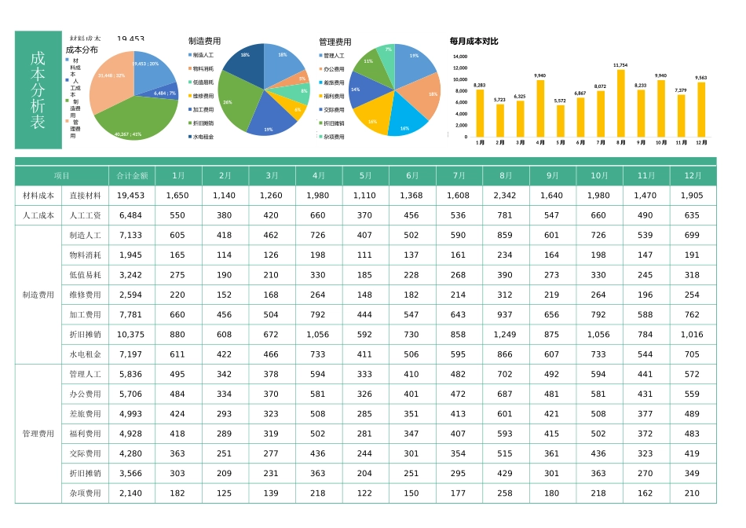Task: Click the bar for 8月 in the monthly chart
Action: [620, 103]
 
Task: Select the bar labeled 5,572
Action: [560, 120]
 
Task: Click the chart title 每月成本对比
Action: [474, 41]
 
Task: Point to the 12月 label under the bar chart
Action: [701, 143]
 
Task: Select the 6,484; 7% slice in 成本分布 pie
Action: [166, 92]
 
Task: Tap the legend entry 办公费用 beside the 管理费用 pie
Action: [334, 69]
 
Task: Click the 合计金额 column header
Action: [132, 176]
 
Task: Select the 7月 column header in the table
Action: [459, 176]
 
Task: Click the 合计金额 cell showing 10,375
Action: [132, 335]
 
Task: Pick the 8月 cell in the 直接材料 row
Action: [505, 196]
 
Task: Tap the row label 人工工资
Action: [85, 215]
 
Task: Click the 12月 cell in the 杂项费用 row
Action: [693, 493]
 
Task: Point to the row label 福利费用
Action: [85, 434]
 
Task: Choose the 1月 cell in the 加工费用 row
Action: [178, 315]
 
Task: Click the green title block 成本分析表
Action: [38, 90]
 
